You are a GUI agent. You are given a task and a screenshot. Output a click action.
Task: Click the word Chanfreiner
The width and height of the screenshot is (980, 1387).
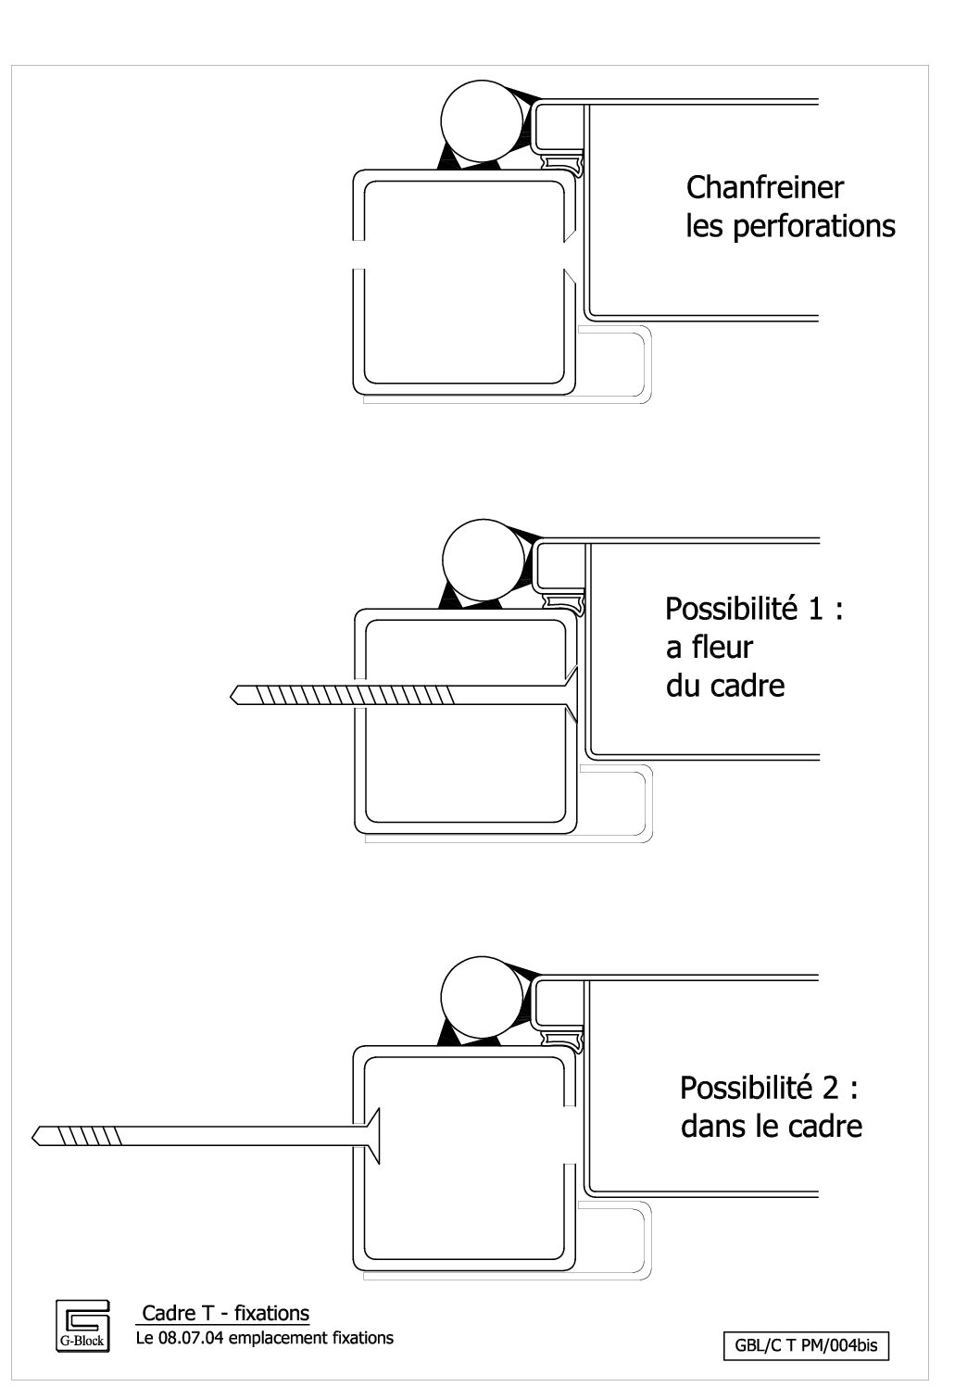(x=764, y=187)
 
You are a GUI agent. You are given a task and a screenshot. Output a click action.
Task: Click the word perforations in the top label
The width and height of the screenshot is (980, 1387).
(x=813, y=226)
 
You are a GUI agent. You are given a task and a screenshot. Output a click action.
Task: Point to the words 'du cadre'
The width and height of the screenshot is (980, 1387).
(x=724, y=686)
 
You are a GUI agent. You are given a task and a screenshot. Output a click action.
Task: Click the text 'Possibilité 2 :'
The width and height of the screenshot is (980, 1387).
(x=768, y=1087)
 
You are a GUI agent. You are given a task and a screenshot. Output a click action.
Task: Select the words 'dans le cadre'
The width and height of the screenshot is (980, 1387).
(x=771, y=1126)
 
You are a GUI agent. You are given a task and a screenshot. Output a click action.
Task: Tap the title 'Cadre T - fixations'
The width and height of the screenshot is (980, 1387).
(x=225, y=1313)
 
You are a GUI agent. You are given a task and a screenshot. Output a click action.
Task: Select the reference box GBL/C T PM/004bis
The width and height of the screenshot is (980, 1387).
(x=805, y=1346)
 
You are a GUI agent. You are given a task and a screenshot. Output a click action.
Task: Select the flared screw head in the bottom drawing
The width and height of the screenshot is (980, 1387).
(x=371, y=1135)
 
